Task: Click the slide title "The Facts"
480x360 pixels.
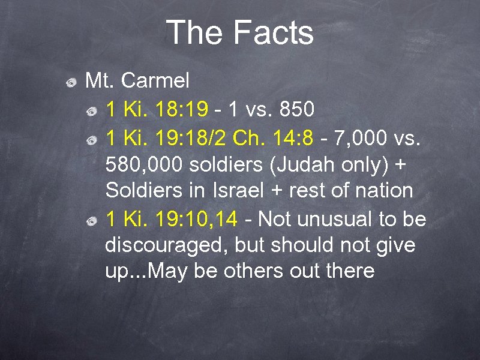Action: (x=240, y=32)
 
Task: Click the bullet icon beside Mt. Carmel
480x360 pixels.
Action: (x=71, y=81)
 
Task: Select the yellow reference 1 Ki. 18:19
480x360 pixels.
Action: (x=157, y=109)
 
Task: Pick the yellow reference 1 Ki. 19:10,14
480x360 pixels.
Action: (x=171, y=219)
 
